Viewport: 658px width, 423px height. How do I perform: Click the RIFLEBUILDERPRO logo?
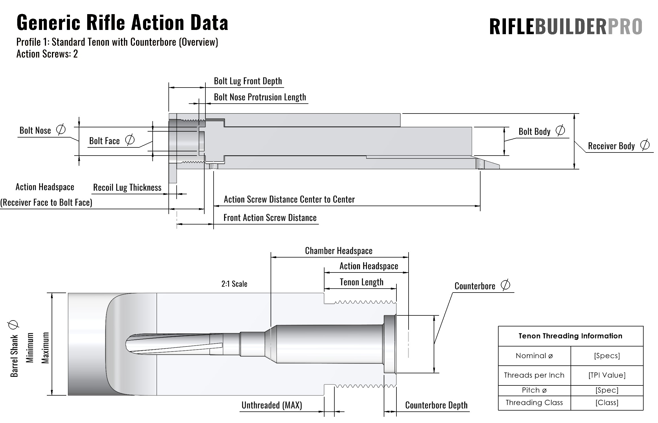pyautogui.click(x=565, y=27)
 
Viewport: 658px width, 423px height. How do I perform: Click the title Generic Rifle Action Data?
pyautogui.click(x=122, y=23)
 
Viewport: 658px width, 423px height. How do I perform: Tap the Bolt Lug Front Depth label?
pyautogui.click(x=248, y=81)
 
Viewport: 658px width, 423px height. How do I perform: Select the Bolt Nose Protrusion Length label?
pyautogui.click(x=260, y=97)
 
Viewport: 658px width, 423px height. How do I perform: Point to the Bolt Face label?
pyautogui.click(x=104, y=141)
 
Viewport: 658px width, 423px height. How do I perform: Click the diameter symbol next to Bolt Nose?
pyautogui.click(x=61, y=130)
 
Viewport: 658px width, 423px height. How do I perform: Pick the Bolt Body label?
pyautogui.click(x=534, y=132)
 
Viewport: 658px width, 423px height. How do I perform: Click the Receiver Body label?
pyautogui.click(x=611, y=146)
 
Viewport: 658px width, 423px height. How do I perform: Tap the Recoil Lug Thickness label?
pyautogui.click(x=127, y=187)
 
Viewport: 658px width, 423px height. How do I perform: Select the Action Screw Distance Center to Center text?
pyautogui.click(x=289, y=199)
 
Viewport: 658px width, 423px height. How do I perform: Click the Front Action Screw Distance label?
pyautogui.click(x=270, y=218)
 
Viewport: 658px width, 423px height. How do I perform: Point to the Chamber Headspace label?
pyautogui.click(x=339, y=251)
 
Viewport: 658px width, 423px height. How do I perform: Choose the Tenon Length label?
pyautogui.click(x=361, y=282)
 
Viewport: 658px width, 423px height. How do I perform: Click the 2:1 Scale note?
pyautogui.click(x=234, y=284)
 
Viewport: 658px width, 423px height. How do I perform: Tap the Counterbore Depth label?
pyautogui.click(x=436, y=405)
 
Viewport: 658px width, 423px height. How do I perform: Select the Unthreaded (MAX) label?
pyautogui.click(x=272, y=405)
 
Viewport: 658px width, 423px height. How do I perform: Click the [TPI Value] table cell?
pyautogui.click(x=607, y=375)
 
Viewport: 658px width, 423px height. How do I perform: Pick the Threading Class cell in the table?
pyautogui.click(x=534, y=403)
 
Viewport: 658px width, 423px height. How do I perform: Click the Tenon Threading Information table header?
pyautogui.click(x=570, y=336)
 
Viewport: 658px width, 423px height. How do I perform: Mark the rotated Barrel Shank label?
pyautogui.click(x=14, y=356)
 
